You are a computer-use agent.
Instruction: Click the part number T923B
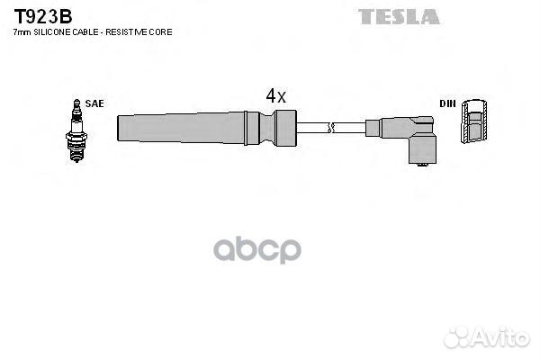coord(42,16)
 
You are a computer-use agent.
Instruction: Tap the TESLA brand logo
coord(399,16)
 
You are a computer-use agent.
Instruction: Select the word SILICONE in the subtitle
coord(50,32)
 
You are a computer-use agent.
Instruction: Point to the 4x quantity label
coord(275,94)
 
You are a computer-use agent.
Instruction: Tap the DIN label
coord(447,103)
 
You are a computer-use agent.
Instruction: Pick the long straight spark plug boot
coord(180,127)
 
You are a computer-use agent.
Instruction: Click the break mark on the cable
coord(332,127)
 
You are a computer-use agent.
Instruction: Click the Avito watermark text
coord(499,337)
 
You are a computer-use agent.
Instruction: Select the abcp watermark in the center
coord(257,249)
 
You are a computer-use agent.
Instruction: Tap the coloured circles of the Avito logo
coord(457,337)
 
